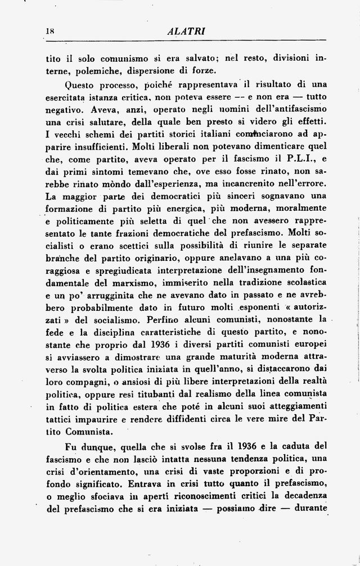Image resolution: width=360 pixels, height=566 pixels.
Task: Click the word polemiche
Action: click(x=97, y=70)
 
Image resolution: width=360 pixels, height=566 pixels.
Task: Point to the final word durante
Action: click(x=309, y=508)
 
